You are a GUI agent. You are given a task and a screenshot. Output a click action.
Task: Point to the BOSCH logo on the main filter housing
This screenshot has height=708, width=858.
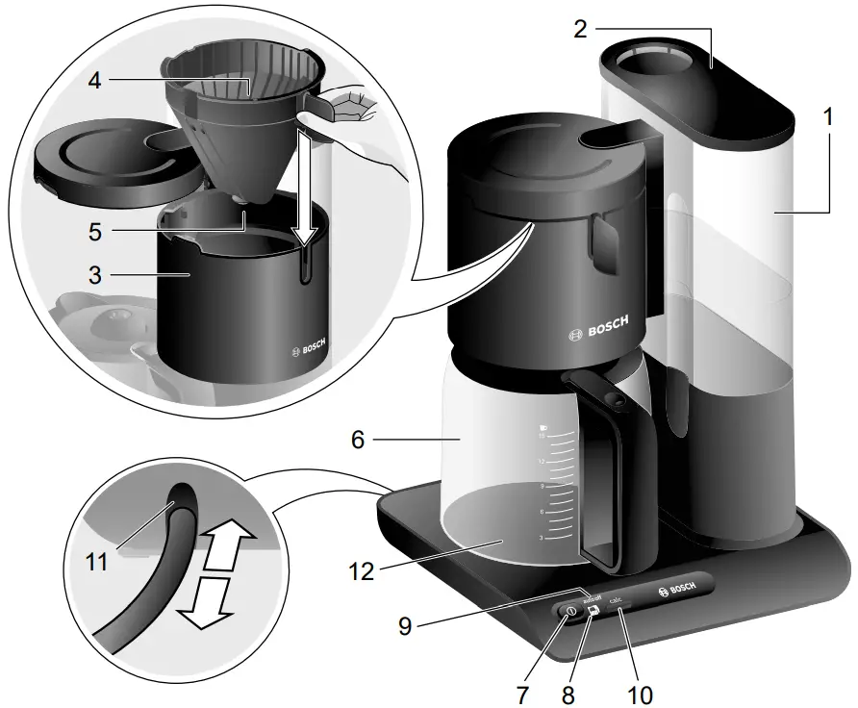[598, 328]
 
